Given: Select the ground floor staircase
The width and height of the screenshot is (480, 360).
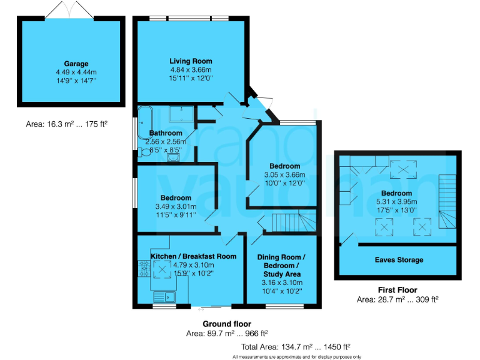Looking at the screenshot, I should point(288,221).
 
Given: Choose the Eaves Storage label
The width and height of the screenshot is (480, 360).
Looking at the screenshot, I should point(399,259).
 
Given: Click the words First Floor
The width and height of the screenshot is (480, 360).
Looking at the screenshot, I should point(397,291).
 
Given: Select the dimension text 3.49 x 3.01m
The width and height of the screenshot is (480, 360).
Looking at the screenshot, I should point(175,206).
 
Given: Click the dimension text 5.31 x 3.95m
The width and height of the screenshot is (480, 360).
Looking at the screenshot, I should point(397,202).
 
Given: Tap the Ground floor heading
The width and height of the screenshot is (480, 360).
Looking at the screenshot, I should point(227,324).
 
